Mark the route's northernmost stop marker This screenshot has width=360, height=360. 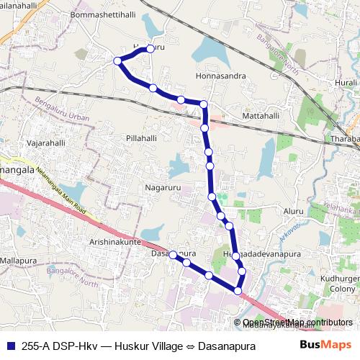150,49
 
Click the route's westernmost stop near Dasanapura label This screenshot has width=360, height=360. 173,254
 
